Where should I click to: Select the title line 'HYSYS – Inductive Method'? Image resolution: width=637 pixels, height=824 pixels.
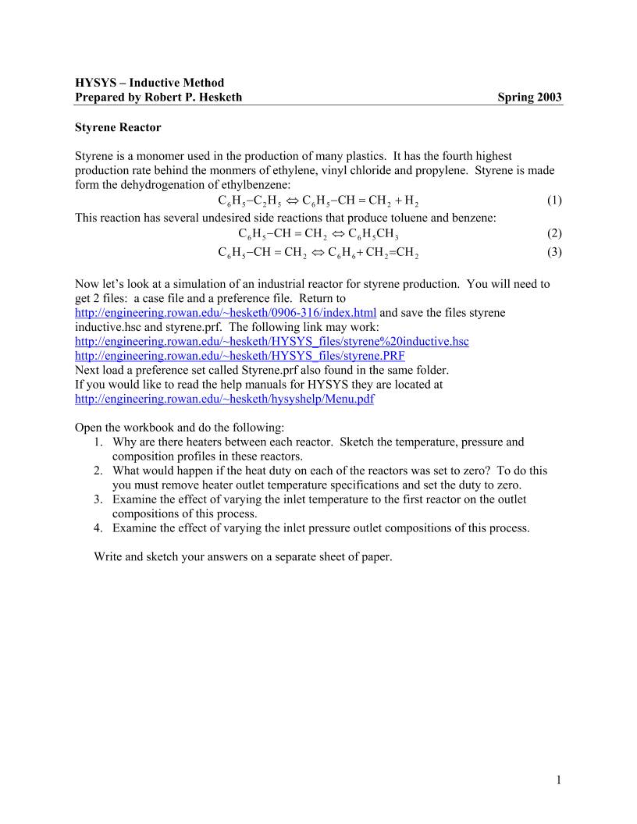point(149,82)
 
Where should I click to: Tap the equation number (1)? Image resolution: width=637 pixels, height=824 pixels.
point(553,200)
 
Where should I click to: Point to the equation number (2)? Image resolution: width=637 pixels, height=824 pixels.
point(553,233)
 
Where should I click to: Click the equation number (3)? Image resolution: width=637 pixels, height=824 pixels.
point(553,252)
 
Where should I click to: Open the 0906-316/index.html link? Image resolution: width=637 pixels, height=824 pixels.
point(225,312)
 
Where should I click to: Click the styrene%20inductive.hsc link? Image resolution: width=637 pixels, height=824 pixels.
point(271,342)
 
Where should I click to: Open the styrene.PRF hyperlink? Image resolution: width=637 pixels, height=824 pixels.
point(239,356)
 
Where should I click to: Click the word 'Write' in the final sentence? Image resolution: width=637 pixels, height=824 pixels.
point(109,557)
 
